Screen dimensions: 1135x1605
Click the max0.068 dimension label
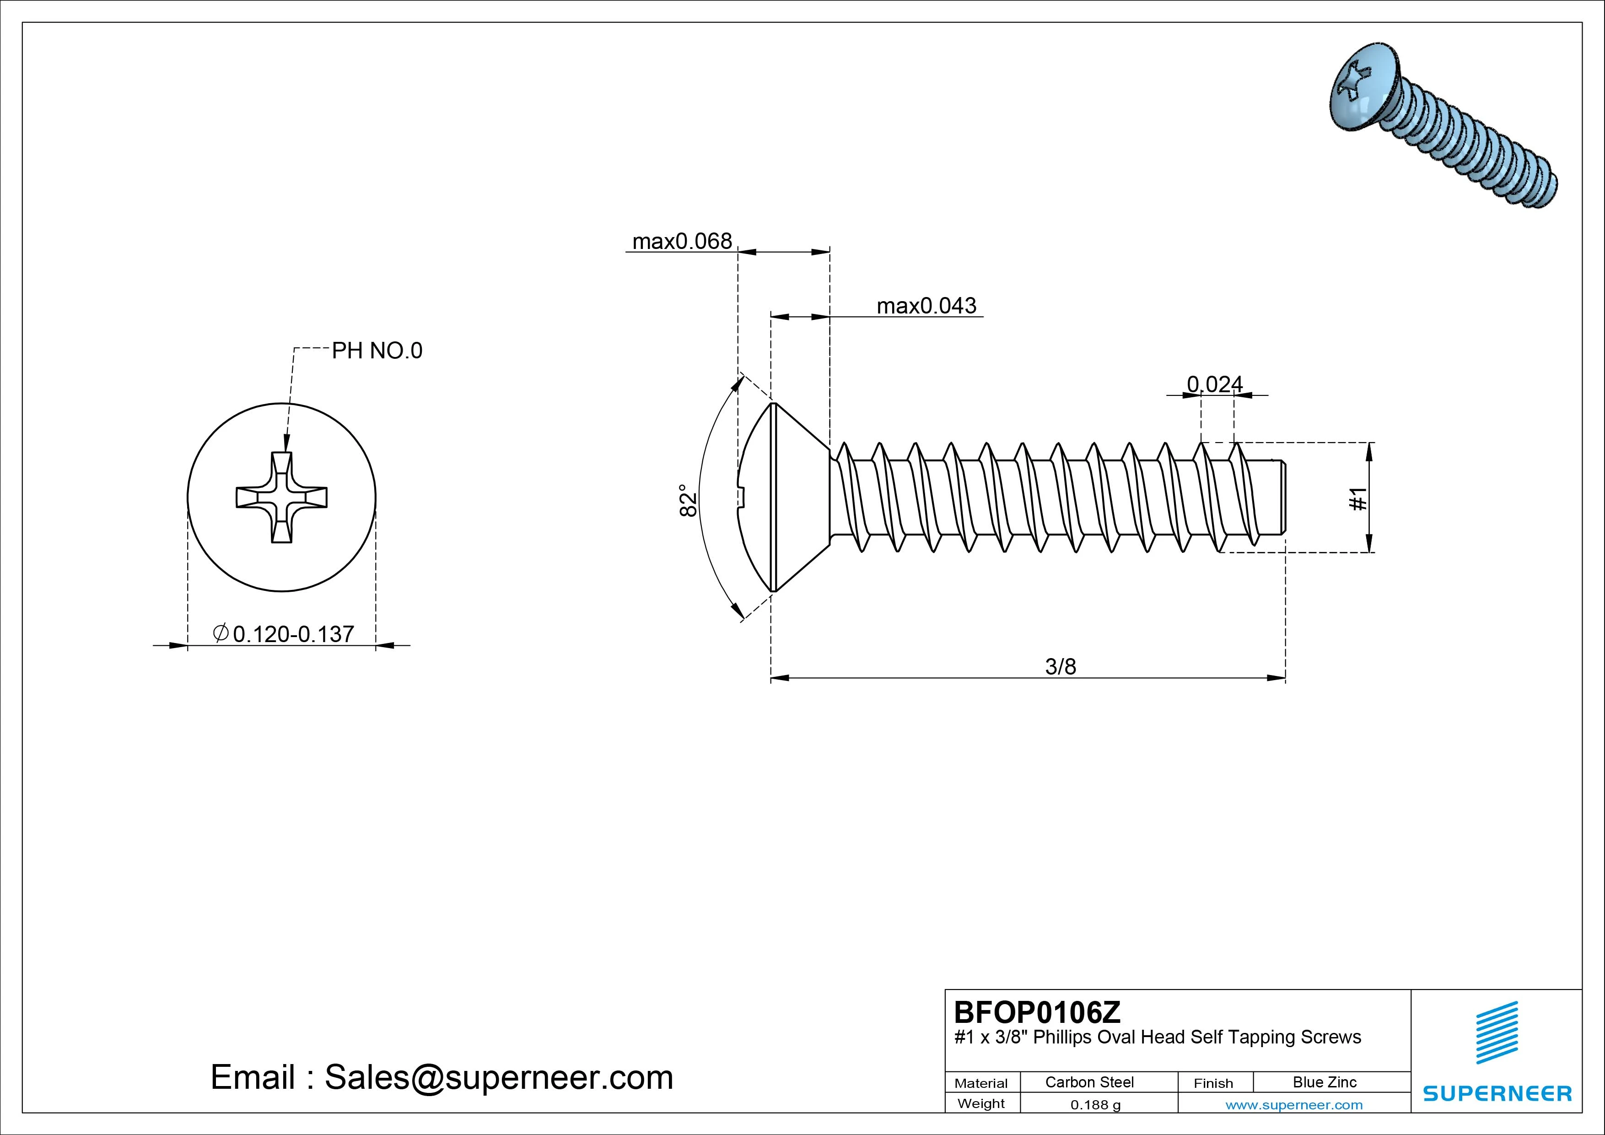coord(682,241)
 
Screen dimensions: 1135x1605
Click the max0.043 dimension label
coord(926,306)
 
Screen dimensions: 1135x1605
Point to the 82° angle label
coord(689,500)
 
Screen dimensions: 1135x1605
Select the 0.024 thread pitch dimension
coord(1215,384)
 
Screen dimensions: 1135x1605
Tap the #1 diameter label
coord(1357,498)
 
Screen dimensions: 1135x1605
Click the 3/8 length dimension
coord(1061,666)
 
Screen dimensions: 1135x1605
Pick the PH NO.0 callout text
coord(377,351)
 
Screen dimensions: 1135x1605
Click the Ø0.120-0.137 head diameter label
coord(283,633)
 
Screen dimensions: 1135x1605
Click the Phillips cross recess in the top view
coord(282,497)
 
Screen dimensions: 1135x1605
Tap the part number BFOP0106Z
coord(1037,1012)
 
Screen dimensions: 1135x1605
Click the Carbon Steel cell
coord(1089,1082)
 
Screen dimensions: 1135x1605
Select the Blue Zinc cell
coord(1325,1082)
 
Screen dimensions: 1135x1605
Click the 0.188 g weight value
coord(1095,1105)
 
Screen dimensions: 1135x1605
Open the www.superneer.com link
coord(1294,1105)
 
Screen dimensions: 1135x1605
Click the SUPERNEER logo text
coord(1497,1093)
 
